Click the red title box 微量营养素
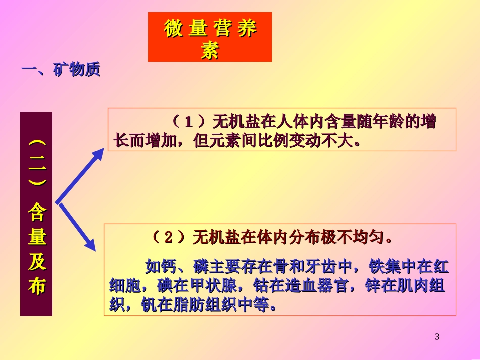click(210, 37)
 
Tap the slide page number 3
click(437, 337)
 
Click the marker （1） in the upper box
click(188, 122)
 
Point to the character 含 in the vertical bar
click(36, 212)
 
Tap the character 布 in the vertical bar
click(36, 286)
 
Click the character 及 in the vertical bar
click(36, 262)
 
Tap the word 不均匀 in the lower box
click(360, 237)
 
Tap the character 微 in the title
click(173, 29)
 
